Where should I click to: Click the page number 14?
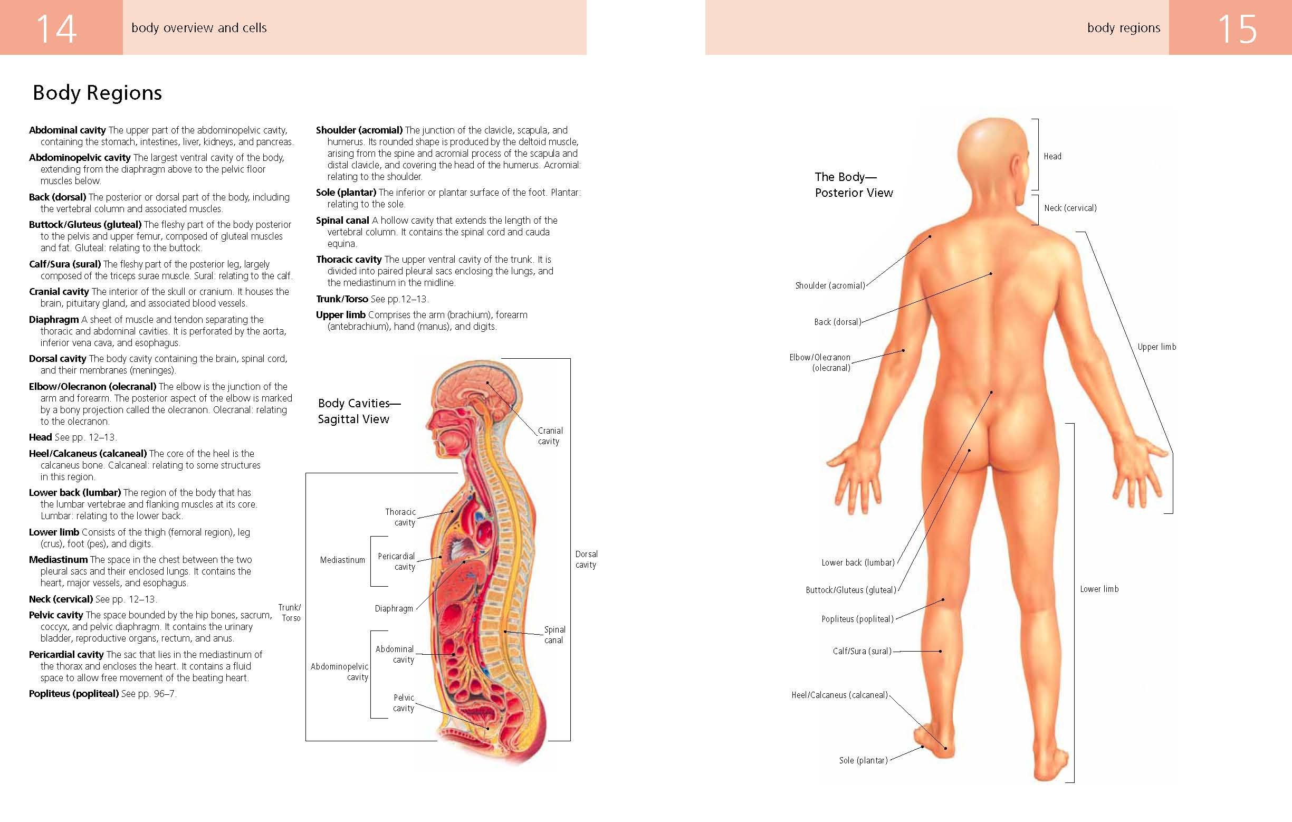click(x=56, y=29)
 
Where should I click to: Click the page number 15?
click(x=1237, y=29)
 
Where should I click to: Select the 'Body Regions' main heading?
click(x=97, y=93)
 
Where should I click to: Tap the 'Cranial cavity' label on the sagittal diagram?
click(x=550, y=436)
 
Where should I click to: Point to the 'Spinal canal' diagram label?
click(x=554, y=635)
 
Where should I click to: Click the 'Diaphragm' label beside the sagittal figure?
click(x=394, y=608)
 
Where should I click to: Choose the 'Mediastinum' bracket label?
click(x=342, y=560)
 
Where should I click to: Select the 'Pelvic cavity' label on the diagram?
click(x=404, y=703)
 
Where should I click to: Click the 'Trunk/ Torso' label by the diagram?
click(x=290, y=613)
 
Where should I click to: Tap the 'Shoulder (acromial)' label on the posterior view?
click(x=830, y=286)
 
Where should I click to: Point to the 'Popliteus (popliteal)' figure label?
click(x=857, y=619)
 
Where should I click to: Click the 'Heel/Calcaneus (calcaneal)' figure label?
click(x=840, y=695)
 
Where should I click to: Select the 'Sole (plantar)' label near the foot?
click(x=863, y=760)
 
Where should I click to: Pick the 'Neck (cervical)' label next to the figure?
click(x=1070, y=208)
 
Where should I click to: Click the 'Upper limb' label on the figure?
click(x=1156, y=347)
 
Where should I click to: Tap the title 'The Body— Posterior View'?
click(x=853, y=185)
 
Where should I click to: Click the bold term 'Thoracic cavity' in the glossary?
click(x=349, y=260)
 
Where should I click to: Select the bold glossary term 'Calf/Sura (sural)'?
click(x=65, y=264)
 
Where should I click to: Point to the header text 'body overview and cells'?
click(x=199, y=28)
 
